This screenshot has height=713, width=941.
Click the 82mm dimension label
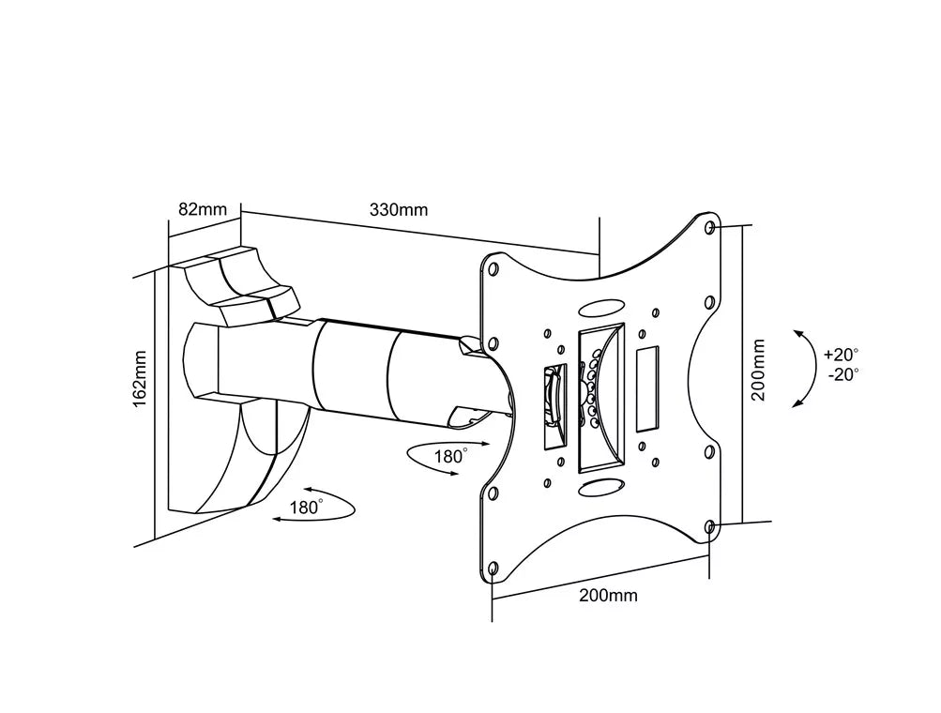(x=203, y=209)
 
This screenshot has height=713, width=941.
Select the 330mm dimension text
(x=399, y=209)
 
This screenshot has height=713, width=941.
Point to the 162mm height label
(x=141, y=378)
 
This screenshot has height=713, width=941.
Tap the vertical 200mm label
(x=758, y=371)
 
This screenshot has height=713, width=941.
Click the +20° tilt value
(x=841, y=355)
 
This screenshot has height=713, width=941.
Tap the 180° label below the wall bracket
(x=305, y=508)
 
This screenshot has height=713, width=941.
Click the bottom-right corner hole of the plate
(x=709, y=526)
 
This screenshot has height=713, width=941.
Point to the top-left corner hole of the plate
(x=492, y=270)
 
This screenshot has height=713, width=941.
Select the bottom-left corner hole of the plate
(x=493, y=568)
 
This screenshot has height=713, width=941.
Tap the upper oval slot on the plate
(x=600, y=308)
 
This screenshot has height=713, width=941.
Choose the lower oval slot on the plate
(x=600, y=487)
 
